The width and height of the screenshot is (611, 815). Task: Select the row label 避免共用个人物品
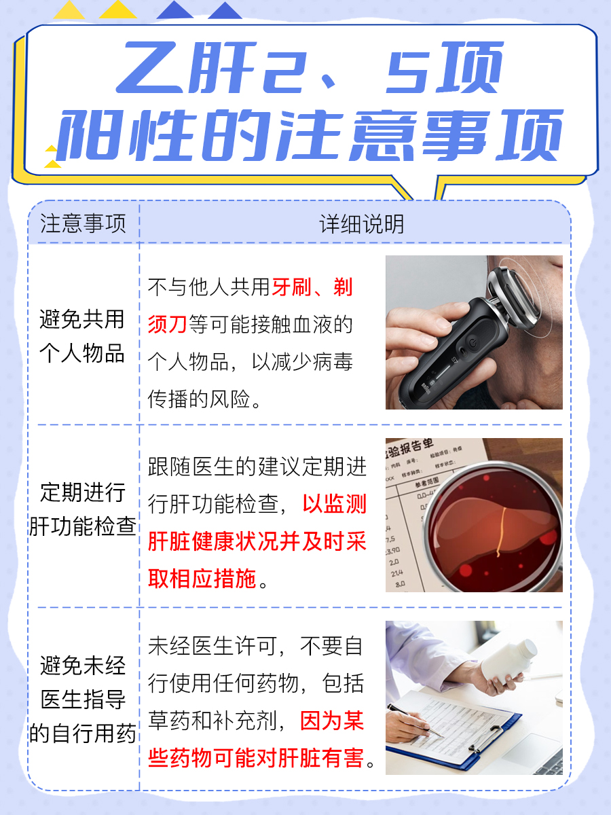[83, 336]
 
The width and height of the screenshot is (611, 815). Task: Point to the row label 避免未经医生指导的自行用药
[83, 700]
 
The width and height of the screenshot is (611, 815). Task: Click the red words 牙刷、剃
[312, 288]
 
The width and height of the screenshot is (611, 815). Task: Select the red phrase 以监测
[334, 504]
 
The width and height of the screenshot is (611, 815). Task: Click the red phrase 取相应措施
[202, 578]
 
